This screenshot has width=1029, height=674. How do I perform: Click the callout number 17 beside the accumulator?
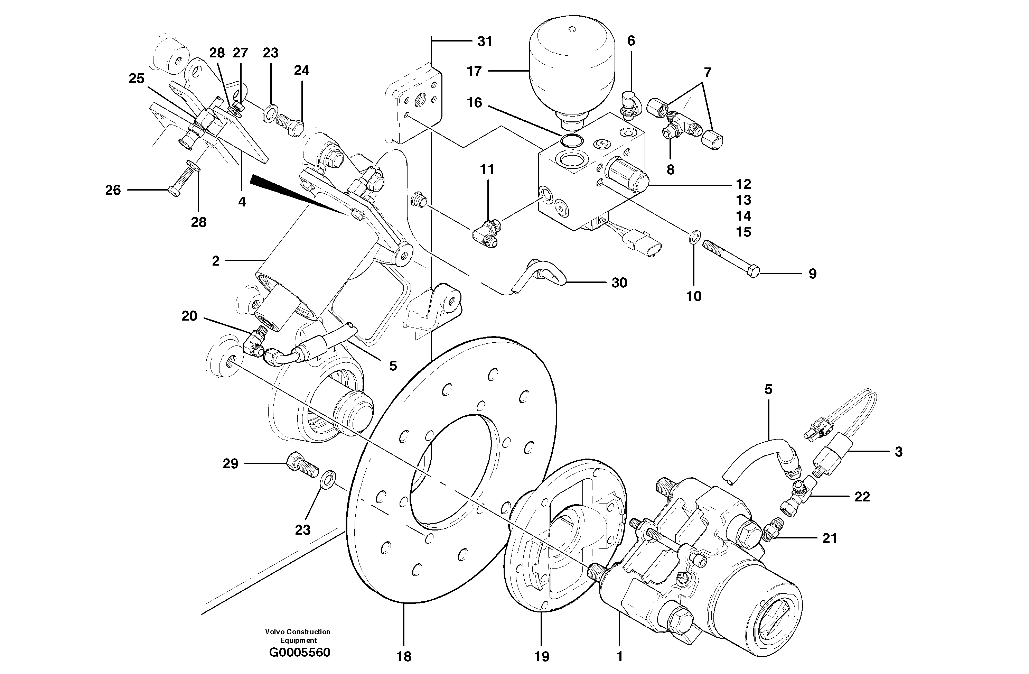click(x=474, y=71)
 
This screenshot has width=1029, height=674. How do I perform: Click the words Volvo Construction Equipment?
click(x=298, y=636)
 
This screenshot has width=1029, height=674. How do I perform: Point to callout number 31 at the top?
click(x=485, y=41)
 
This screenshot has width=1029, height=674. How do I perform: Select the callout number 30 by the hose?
click(x=619, y=283)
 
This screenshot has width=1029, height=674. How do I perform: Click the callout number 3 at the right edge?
click(x=898, y=452)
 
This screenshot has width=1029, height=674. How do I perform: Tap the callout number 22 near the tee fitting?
click(x=862, y=497)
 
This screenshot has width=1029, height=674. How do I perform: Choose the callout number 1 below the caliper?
click(x=619, y=657)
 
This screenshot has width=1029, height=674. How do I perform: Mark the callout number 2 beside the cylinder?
click(x=216, y=261)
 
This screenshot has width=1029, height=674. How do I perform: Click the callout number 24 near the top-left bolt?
click(x=302, y=71)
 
